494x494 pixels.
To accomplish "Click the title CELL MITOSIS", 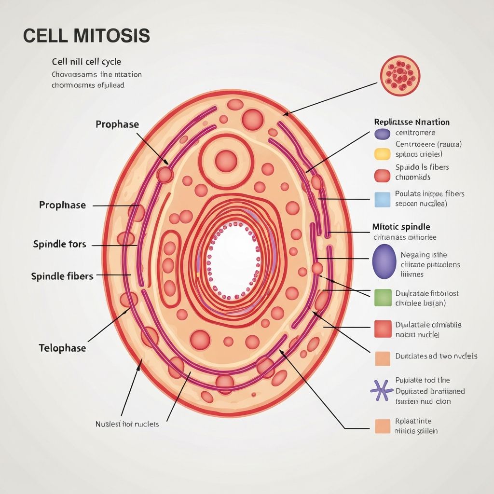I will coord(86,37).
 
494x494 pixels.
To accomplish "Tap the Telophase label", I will coord(62,348).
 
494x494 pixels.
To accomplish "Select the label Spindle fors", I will coord(60,244).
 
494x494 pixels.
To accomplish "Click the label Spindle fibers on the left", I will coord(62,276).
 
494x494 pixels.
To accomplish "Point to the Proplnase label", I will coord(62,205).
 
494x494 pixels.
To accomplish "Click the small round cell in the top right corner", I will coord(400,75).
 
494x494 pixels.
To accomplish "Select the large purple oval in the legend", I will coord(384,261).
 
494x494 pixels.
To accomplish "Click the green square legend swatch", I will coord(382,298).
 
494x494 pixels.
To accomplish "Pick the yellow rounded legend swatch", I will coord(382,154).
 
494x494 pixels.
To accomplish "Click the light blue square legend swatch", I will coord(382,199).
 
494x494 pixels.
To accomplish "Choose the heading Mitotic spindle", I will coord(401,226).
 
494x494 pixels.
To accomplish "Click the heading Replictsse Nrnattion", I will coord(412,122).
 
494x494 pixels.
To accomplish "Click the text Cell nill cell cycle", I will coord(86,62).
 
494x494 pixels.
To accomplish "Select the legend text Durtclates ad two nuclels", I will coord(436,356).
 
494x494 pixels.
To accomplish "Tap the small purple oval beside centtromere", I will coord(382,134).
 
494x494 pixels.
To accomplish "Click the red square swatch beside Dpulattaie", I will coord(382,329).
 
